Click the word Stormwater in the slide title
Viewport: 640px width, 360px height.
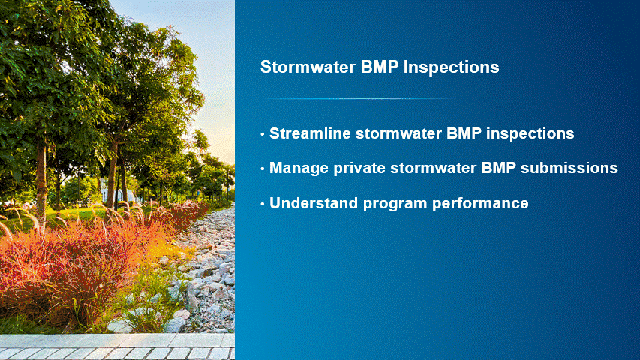(x=308, y=67)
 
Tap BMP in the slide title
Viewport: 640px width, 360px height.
(x=380, y=67)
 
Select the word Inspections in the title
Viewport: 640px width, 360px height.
(x=451, y=67)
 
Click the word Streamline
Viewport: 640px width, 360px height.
(x=310, y=133)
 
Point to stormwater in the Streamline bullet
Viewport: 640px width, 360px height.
(x=398, y=134)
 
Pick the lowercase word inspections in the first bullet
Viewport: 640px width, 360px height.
(x=530, y=134)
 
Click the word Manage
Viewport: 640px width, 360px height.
(x=299, y=169)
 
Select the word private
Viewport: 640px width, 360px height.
(x=359, y=169)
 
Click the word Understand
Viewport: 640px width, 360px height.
(x=314, y=203)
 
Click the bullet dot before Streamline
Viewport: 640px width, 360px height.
(x=263, y=134)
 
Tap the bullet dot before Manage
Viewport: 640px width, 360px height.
(x=263, y=169)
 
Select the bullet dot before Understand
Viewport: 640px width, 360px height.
(x=263, y=204)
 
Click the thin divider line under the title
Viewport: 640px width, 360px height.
(x=359, y=99)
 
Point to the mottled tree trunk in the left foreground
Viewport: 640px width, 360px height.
(x=41, y=184)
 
